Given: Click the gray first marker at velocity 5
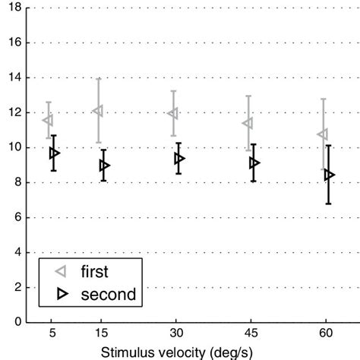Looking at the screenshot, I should (49, 120).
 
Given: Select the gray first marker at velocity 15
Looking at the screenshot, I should (98, 111).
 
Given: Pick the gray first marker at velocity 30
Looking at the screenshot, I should (173, 113).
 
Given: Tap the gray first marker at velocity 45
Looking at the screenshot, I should (248, 123).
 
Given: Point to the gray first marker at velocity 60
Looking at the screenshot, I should (323, 134).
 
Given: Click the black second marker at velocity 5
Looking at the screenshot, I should (54, 153).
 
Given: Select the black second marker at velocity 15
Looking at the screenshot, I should (104, 166).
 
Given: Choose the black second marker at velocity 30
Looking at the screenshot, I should (179, 159).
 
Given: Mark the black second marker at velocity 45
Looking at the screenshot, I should (254, 163).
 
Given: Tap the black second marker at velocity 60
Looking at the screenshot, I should (329, 175).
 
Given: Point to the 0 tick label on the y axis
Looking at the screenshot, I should (17, 322).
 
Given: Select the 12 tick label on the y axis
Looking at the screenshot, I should (14, 112).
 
